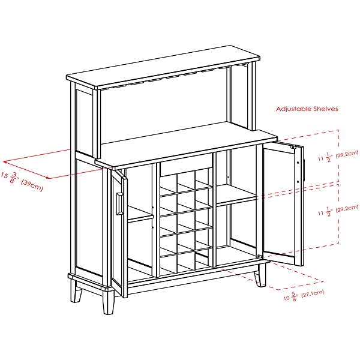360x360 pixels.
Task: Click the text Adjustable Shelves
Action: click(x=307, y=109)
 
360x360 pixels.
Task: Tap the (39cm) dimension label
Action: click(x=31, y=185)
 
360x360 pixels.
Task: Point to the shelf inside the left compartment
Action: click(x=140, y=217)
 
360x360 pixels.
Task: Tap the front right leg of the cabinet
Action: click(x=260, y=276)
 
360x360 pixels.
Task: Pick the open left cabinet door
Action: click(x=118, y=234)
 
